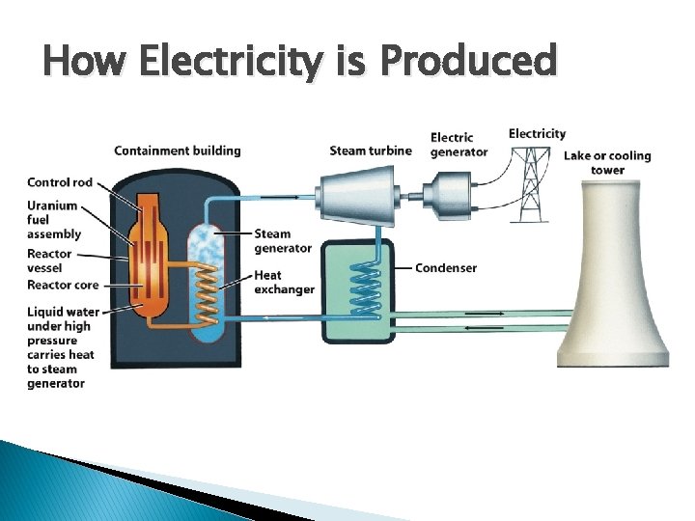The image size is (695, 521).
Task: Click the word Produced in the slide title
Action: [x=469, y=62]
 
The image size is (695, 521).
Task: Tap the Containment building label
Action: [x=177, y=151]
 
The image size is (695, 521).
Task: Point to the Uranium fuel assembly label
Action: [x=54, y=219]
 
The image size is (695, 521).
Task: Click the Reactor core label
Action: [x=63, y=286]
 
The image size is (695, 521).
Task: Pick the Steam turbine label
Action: [x=370, y=151]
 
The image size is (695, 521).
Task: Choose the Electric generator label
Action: [x=459, y=145]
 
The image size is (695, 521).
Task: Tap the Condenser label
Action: [x=446, y=267]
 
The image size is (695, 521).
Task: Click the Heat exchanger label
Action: [x=284, y=283]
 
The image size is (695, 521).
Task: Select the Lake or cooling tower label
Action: [x=607, y=162]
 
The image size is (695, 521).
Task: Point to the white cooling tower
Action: [x=613, y=289]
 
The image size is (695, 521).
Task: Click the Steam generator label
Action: [x=283, y=240]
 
